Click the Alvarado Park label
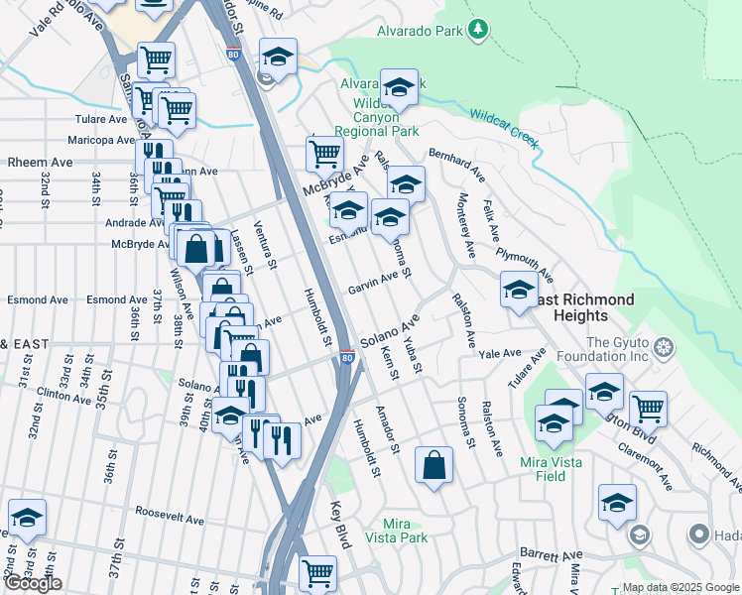[x=420, y=31]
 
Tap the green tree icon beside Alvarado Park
[x=479, y=30]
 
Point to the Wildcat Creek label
[x=504, y=129]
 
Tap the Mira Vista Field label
[x=556, y=469]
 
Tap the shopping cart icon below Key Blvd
[x=318, y=573]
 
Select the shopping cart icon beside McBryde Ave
[x=324, y=154]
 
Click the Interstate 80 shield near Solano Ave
[x=346, y=357]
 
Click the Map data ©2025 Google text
[x=680, y=587]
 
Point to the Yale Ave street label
[x=499, y=353]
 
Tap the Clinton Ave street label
[x=64, y=394]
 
